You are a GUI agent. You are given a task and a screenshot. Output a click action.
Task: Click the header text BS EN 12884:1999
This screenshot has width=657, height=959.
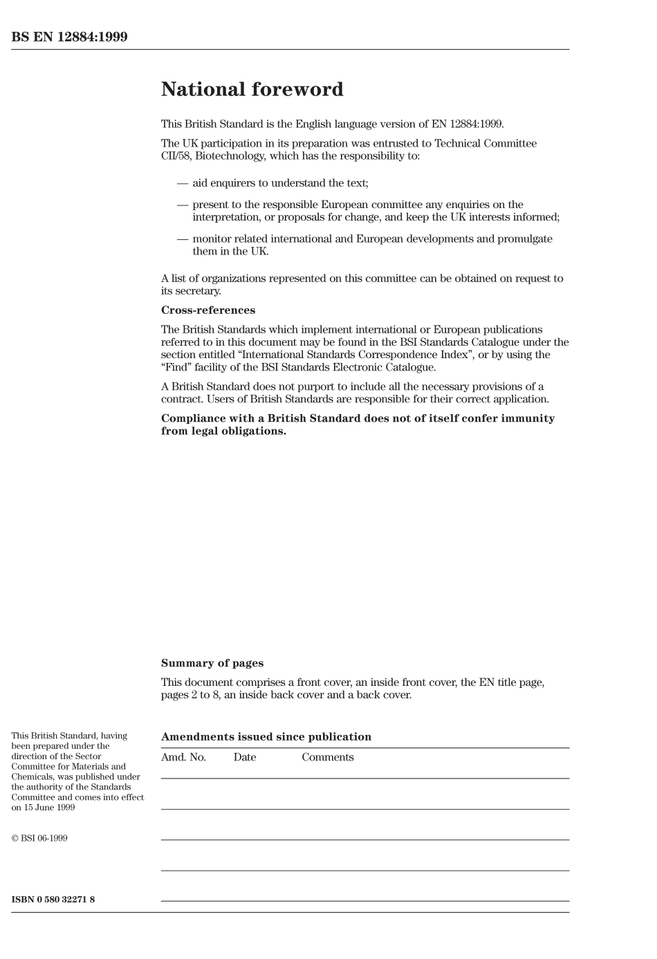[69, 37]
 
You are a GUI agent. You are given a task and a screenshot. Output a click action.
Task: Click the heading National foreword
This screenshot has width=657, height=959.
[252, 90]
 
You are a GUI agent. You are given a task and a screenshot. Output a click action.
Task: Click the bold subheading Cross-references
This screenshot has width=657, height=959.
[208, 310]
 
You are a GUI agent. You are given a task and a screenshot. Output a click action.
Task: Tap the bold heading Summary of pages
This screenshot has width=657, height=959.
[212, 663]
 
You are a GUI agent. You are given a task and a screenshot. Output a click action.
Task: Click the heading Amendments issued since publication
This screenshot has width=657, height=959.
[266, 737]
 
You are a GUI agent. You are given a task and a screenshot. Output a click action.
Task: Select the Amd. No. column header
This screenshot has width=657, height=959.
[183, 757]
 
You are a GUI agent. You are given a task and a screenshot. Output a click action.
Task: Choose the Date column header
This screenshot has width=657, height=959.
[245, 757]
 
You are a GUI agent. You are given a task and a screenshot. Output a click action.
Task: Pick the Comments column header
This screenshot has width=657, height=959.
[328, 757]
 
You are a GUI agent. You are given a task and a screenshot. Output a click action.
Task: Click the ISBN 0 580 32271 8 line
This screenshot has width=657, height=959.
[53, 900]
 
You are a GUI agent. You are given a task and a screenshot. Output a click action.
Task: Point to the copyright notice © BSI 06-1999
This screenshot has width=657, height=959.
[39, 839]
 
